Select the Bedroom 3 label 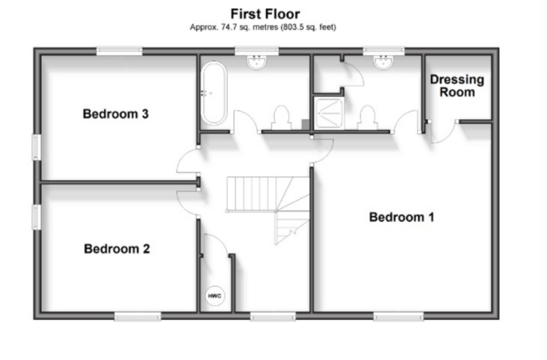pos(116,113)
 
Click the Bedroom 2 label pos(117,248)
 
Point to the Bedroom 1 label pos(402,217)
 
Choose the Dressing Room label pos(457,86)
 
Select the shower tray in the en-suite pos(323,111)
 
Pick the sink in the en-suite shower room pos(384,63)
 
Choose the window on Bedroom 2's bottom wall pos(138,316)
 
